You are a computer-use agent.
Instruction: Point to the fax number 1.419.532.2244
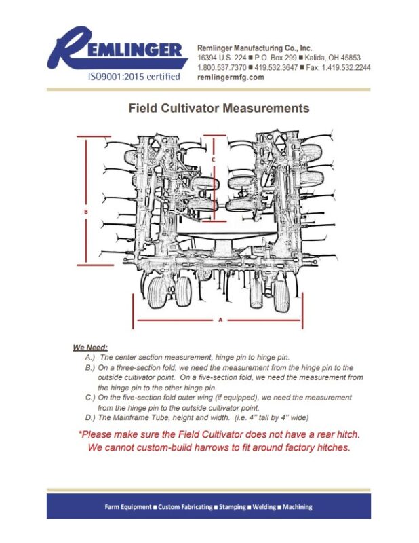[x=346, y=68]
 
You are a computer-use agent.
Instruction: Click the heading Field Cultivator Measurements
[x=219, y=108]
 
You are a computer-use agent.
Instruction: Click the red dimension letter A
[x=220, y=318]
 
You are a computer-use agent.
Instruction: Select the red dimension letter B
[x=86, y=211]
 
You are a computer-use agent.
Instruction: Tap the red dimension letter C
[x=213, y=160]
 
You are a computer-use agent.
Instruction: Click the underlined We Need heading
[x=90, y=347]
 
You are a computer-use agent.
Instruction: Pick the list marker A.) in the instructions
[x=89, y=356]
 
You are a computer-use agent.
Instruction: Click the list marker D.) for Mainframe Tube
[x=89, y=416]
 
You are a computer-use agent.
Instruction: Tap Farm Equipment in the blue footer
[x=128, y=507]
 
